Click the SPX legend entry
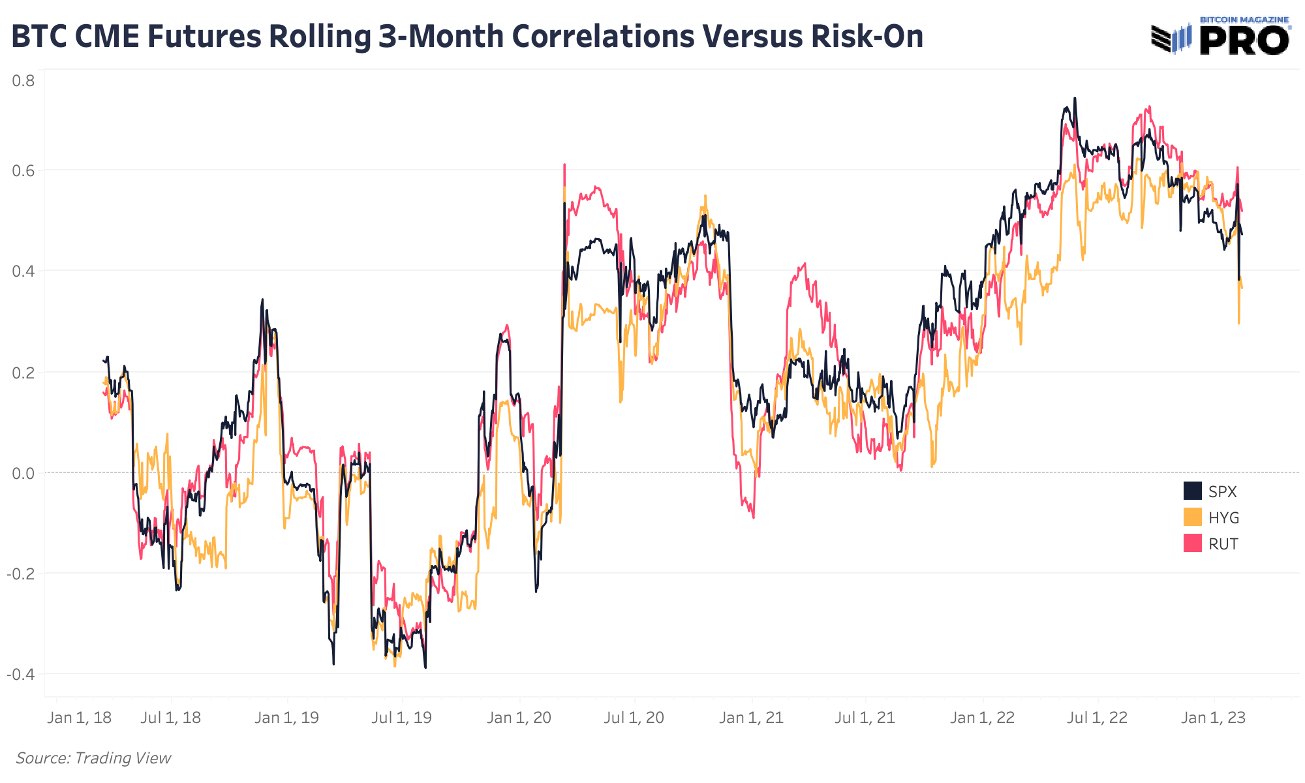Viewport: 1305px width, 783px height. click(x=1221, y=492)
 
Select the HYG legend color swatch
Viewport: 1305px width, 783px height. click(x=1192, y=517)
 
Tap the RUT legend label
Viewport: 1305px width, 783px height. click(x=1223, y=544)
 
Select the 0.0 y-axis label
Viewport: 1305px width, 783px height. click(x=23, y=473)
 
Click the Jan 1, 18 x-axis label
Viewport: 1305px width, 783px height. click(x=80, y=718)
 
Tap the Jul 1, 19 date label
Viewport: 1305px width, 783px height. click(x=401, y=718)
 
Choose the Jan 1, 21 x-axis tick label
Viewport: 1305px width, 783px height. click(x=751, y=718)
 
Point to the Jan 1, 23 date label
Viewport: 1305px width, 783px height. click(x=1213, y=718)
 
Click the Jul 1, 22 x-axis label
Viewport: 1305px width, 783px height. click(x=1097, y=718)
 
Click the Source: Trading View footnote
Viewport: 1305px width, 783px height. click(x=93, y=758)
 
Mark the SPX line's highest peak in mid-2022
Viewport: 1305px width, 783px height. click(x=1075, y=99)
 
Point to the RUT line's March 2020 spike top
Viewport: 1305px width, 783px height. click(x=564, y=164)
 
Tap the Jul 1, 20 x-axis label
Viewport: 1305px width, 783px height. click(x=634, y=718)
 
